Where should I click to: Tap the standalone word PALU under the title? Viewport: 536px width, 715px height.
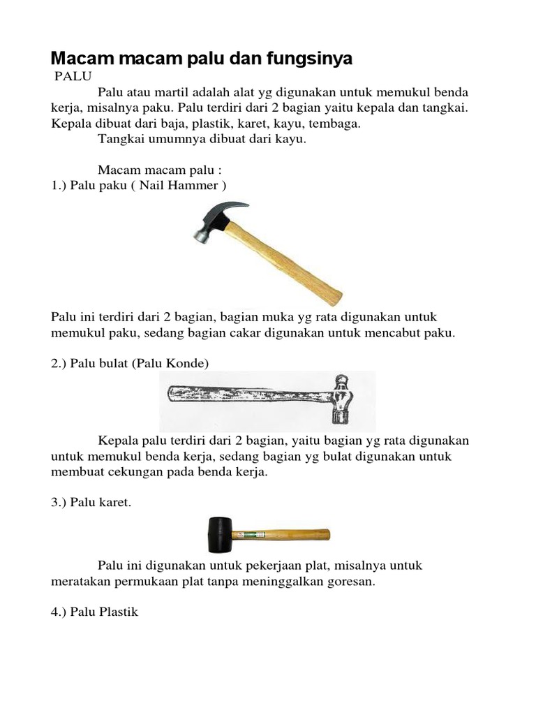coord(73,75)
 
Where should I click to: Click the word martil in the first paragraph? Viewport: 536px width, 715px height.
coord(178,92)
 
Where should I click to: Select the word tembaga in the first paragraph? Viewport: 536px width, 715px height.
coord(336,124)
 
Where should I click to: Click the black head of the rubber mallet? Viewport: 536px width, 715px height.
coord(219,534)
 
